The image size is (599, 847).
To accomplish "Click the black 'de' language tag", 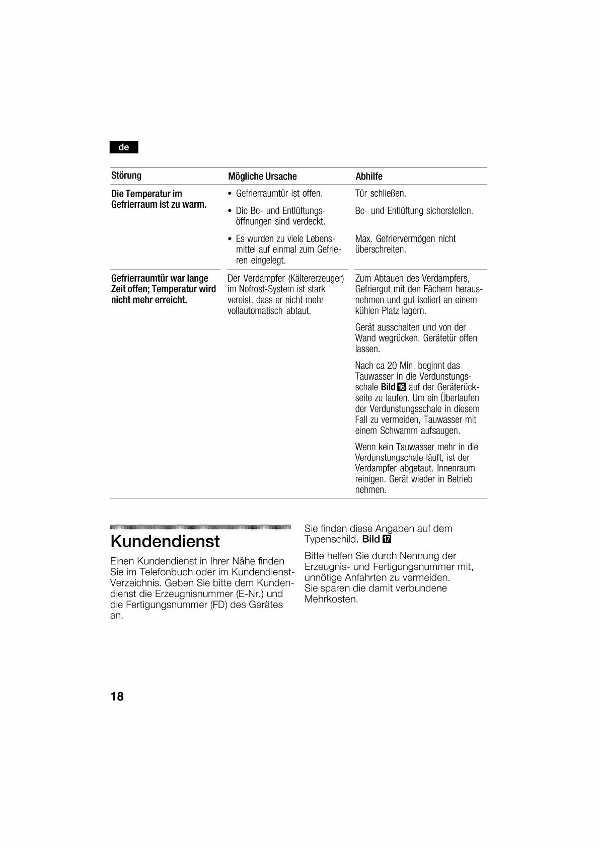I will [124, 147].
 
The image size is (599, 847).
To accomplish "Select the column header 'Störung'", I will [126, 176].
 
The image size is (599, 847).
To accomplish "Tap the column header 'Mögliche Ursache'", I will [262, 177].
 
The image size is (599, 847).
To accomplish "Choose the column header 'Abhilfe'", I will [369, 177].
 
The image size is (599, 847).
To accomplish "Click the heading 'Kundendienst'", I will [165, 542].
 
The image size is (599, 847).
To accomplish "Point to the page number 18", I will [117, 697].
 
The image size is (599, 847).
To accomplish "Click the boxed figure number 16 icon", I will [401, 387].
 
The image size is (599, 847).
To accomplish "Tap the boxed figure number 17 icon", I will [387, 540].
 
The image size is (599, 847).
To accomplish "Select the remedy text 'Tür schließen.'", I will [381, 194].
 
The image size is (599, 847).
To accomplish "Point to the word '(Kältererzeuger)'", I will [316, 279].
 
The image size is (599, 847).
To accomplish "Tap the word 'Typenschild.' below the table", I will [331, 540].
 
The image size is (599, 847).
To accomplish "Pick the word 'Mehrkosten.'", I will [331, 600].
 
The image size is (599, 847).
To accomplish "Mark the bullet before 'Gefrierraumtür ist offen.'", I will [230, 194].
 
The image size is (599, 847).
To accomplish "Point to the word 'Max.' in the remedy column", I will [363, 239].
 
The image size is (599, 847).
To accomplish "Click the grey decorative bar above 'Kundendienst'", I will [200, 527].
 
